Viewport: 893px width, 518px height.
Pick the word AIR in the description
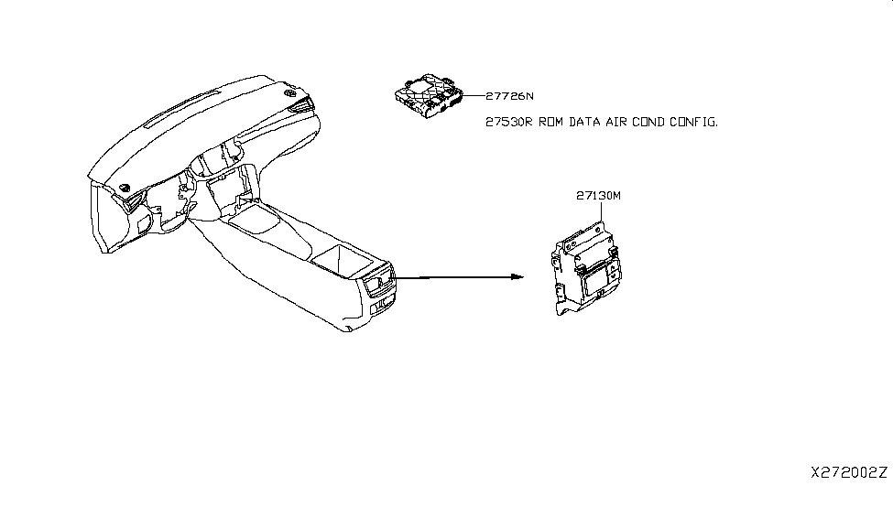(623, 122)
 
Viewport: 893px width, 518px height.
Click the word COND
(657, 122)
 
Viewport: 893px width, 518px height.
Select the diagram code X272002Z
(849, 473)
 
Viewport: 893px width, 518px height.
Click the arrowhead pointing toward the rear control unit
(517, 277)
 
